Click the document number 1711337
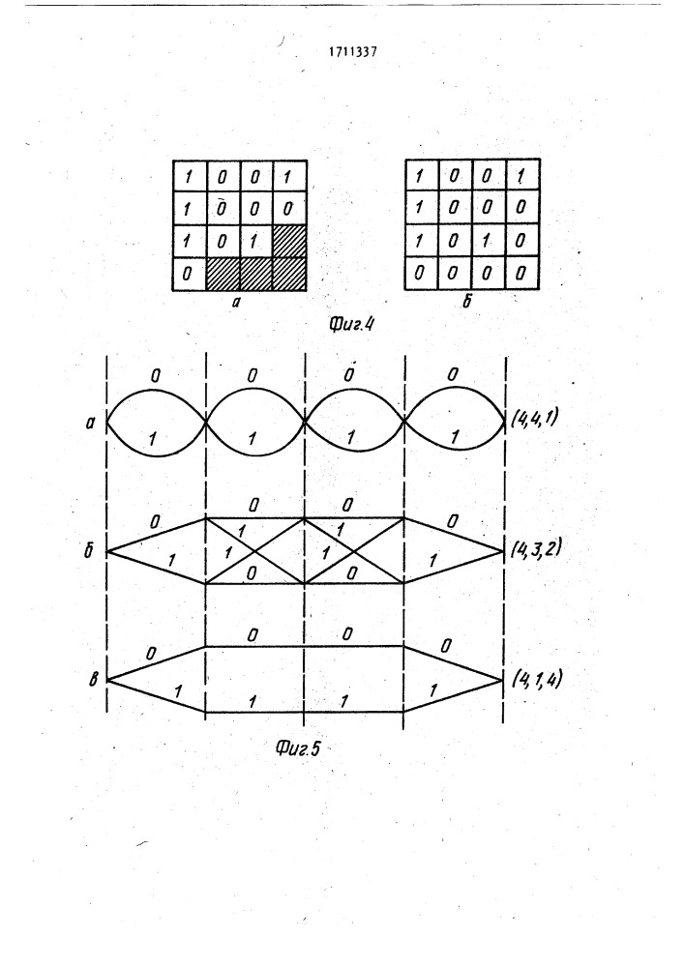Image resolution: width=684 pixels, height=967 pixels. click(353, 52)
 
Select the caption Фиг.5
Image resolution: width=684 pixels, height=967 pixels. click(298, 748)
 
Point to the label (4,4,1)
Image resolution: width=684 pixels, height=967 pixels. click(535, 419)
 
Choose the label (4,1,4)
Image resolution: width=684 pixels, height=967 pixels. click(537, 679)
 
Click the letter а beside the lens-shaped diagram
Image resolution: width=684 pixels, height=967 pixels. click(91, 424)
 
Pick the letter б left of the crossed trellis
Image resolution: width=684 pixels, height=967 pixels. click(90, 550)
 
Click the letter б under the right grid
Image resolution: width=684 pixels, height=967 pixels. click(467, 302)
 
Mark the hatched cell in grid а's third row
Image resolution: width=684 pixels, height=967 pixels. click(288, 241)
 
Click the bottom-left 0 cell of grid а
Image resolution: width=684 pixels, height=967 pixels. click(190, 274)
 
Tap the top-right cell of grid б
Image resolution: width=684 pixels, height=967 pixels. click(522, 176)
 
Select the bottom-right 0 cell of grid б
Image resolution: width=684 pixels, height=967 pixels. click(522, 273)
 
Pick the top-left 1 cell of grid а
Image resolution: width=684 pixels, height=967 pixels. click(190, 177)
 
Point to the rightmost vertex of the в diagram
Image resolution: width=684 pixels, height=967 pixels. click(503, 680)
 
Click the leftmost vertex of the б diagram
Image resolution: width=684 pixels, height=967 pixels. click(107, 551)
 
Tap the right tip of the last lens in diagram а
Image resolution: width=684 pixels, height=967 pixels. click(505, 423)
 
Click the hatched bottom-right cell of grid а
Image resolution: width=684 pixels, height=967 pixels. click(288, 274)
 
